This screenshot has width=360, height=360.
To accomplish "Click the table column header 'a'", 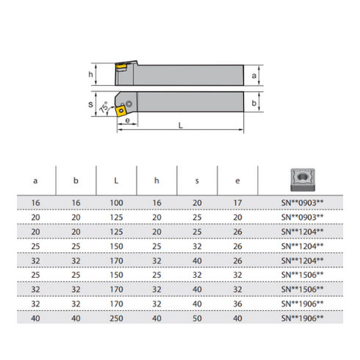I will tap(37, 179).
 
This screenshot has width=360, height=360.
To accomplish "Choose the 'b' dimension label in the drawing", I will tap(253, 104).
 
